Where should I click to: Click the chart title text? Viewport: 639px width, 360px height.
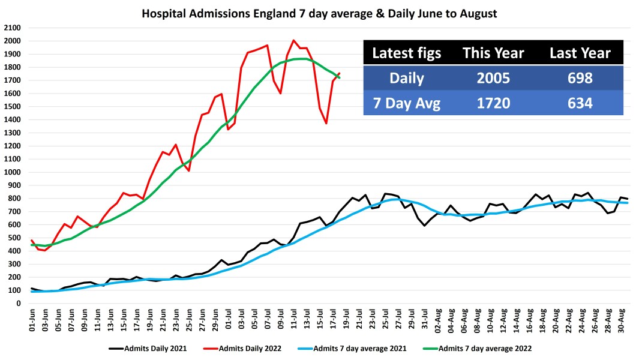319,13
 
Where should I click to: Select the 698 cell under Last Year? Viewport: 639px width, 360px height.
580,78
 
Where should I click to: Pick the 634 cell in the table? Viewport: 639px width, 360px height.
580,103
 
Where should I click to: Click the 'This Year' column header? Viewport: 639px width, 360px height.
493,53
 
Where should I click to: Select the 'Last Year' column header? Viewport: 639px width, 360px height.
580,53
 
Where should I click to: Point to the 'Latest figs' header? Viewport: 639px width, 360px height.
407,53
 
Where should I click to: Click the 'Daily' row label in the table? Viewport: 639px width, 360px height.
407,78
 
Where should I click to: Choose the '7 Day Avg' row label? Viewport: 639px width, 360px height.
407,103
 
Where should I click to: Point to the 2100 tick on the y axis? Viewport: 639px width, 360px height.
13,28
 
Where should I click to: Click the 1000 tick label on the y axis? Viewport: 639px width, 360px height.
13,172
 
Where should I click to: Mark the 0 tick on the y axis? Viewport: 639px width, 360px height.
19,304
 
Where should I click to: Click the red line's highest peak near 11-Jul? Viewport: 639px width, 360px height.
293,41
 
